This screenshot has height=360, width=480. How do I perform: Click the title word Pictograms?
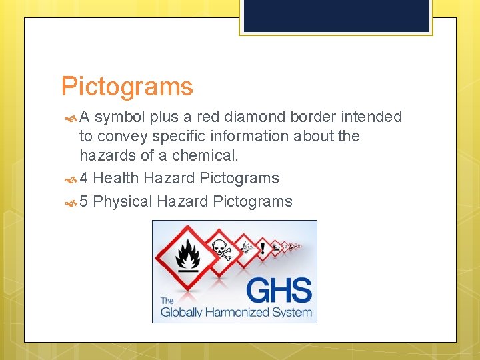pyautogui.click(x=127, y=87)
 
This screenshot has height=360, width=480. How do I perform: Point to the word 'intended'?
pyautogui.click(x=371, y=117)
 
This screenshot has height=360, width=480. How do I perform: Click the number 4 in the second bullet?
pyautogui.click(x=84, y=178)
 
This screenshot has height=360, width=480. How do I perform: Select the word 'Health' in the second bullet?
pyautogui.click(x=116, y=178)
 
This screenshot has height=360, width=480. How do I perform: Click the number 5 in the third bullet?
pyautogui.click(x=84, y=201)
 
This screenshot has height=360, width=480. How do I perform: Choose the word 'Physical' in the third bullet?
pyautogui.click(x=123, y=201)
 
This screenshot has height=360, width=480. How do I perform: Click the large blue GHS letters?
pyautogui.click(x=279, y=291)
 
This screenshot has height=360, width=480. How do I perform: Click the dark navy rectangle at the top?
pyautogui.click(x=336, y=15)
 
